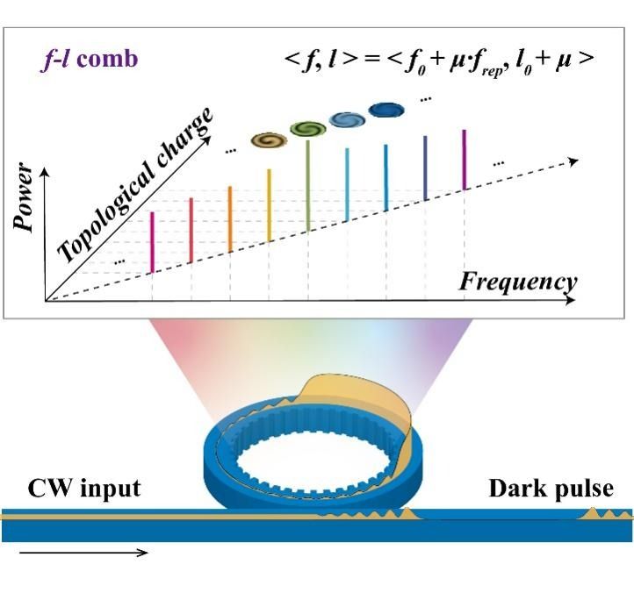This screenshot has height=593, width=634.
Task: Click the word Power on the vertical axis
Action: (26, 197)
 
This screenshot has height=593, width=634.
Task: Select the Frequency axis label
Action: (518, 282)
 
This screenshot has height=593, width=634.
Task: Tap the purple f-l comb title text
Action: (79, 61)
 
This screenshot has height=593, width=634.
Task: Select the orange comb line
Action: (229, 218)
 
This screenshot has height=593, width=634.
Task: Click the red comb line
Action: (191, 230)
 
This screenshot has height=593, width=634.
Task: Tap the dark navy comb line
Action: (425, 167)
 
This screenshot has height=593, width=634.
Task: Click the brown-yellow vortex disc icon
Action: (268, 139)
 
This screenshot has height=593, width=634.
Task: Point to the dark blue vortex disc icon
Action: (385, 110)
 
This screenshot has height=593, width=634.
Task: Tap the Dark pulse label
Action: (551, 488)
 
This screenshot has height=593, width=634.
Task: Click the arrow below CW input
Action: (83, 553)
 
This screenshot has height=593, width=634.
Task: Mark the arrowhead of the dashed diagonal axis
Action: (573, 161)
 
